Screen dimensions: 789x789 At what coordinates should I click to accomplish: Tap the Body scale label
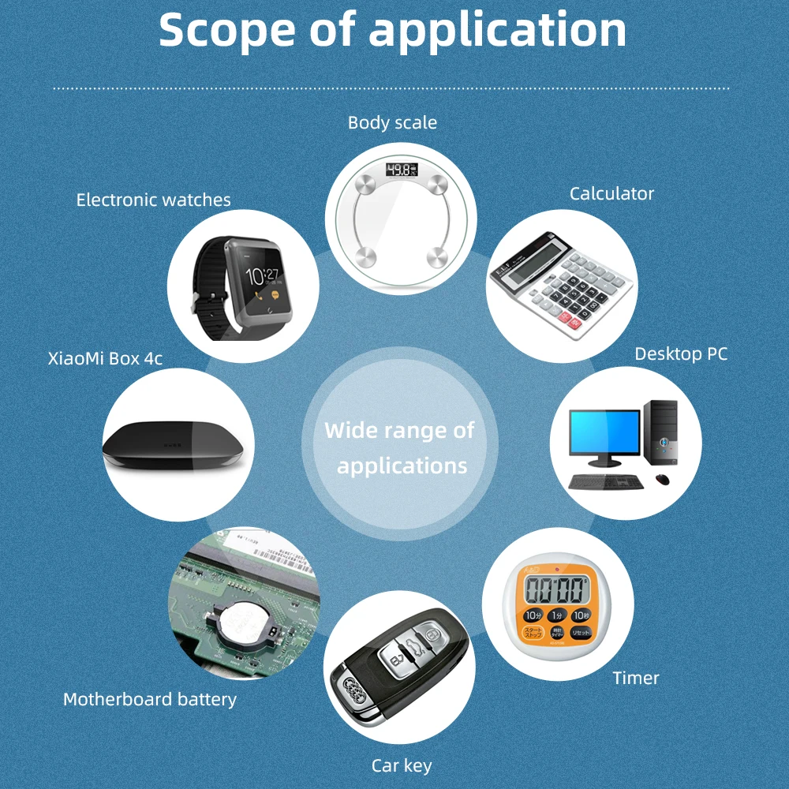click(392, 122)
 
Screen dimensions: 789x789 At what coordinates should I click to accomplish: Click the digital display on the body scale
click(400, 169)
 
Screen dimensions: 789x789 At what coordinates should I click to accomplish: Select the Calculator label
click(611, 193)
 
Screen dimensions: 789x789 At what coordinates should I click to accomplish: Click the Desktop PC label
click(681, 354)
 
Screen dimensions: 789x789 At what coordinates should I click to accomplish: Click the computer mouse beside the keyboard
click(662, 479)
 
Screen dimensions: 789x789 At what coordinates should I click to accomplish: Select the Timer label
click(636, 678)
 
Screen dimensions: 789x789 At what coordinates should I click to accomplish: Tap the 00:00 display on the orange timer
click(557, 589)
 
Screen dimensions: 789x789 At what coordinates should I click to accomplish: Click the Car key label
click(402, 765)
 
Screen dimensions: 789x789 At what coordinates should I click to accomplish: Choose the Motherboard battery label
click(150, 699)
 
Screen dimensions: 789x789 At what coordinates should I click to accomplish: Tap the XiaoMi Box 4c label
click(105, 358)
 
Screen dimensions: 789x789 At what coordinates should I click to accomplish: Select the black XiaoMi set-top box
click(178, 446)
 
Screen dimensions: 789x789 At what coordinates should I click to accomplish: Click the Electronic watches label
click(154, 200)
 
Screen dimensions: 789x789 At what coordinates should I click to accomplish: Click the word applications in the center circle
click(402, 466)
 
